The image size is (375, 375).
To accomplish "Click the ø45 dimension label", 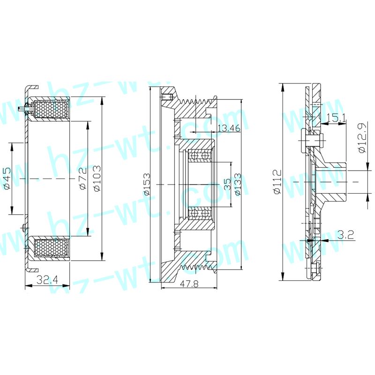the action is click(7, 179).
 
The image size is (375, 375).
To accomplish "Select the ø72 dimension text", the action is click(83, 179).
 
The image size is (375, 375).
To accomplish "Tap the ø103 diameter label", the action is click(97, 179).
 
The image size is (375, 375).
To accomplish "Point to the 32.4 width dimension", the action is click(47, 279).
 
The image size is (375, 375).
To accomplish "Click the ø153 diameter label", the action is click(146, 184).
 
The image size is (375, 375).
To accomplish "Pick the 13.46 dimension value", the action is click(229, 128).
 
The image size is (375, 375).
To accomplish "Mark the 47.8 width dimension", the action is click(189, 284).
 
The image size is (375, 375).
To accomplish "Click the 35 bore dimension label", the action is click(227, 184).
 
